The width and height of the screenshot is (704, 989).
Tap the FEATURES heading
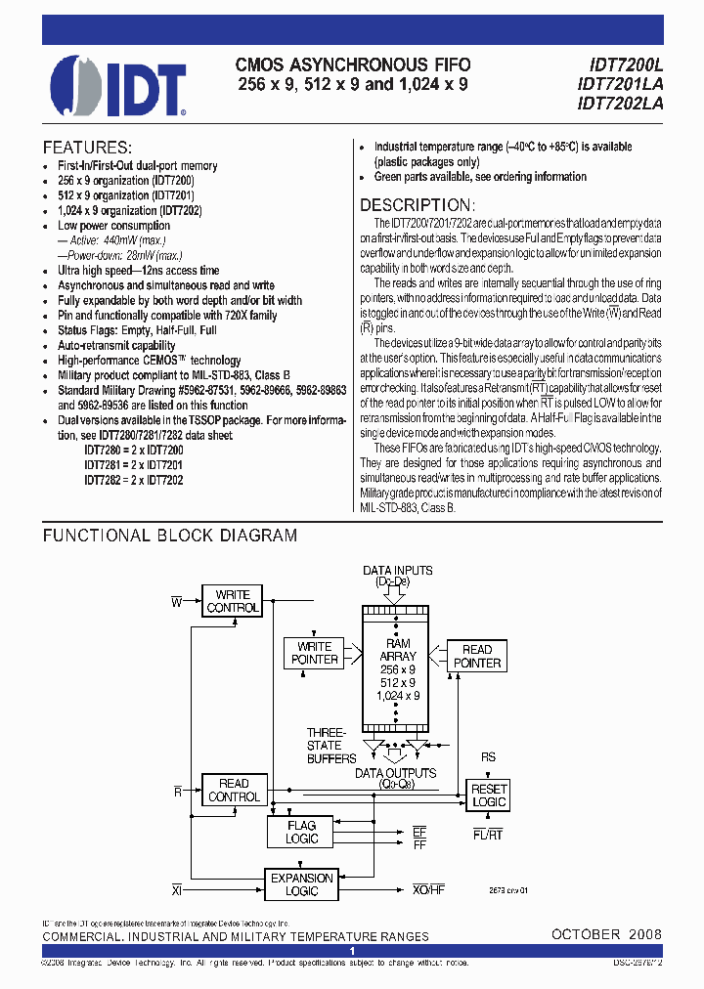pyautogui.click(x=87, y=148)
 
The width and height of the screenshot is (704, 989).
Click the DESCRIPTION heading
pyautogui.click(x=418, y=205)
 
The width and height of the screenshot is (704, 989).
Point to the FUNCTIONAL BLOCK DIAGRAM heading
pyautogui.click(x=169, y=536)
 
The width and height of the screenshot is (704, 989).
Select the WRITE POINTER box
pyautogui.click(x=314, y=653)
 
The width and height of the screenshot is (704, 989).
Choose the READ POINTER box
pyautogui.click(x=476, y=656)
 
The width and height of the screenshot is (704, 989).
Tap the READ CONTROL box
pyautogui.click(x=233, y=790)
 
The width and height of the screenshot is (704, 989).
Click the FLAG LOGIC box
pyautogui.click(x=301, y=833)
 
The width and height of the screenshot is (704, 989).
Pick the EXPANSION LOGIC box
pyautogui.click(x=302, y=883)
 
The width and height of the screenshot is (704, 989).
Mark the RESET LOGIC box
pyautogui.click(x=489, y=795)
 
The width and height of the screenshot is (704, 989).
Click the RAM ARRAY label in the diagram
pyautogui.click(x=398, y=650)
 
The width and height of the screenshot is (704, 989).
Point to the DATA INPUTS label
pyautogui.click(x=397, y=570)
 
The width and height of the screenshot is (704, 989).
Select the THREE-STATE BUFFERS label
pyautogui.click(x=325, y=745)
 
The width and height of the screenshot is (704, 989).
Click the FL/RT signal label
pyautogui.click(x=487, y=833)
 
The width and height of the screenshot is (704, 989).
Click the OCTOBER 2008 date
pyautogui.click(x=606, y=934)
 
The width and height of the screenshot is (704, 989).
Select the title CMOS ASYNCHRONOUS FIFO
pyautogui.click(x=353, y=65)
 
